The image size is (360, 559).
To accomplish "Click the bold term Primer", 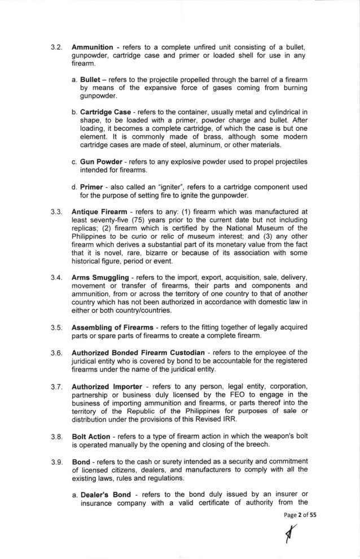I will click(91, 186).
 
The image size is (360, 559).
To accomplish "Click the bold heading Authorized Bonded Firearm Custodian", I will click(138, 353).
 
